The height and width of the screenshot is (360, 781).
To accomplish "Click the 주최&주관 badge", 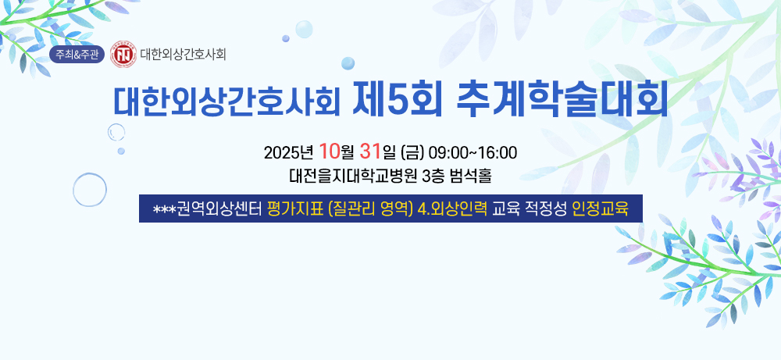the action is coord(77,55).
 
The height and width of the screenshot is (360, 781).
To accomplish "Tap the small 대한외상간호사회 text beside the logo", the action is coord(183,54).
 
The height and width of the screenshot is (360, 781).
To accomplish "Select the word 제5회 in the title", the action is coord(397,101).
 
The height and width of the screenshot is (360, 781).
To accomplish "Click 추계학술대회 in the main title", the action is coord(562,101).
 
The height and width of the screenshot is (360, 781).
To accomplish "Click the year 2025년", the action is coord(288,151).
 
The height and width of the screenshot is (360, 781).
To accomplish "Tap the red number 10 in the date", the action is coord(330,151).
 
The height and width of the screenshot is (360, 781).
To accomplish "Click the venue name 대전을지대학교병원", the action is coord(353,176).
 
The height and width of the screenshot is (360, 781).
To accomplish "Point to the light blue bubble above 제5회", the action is coord(348,63).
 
